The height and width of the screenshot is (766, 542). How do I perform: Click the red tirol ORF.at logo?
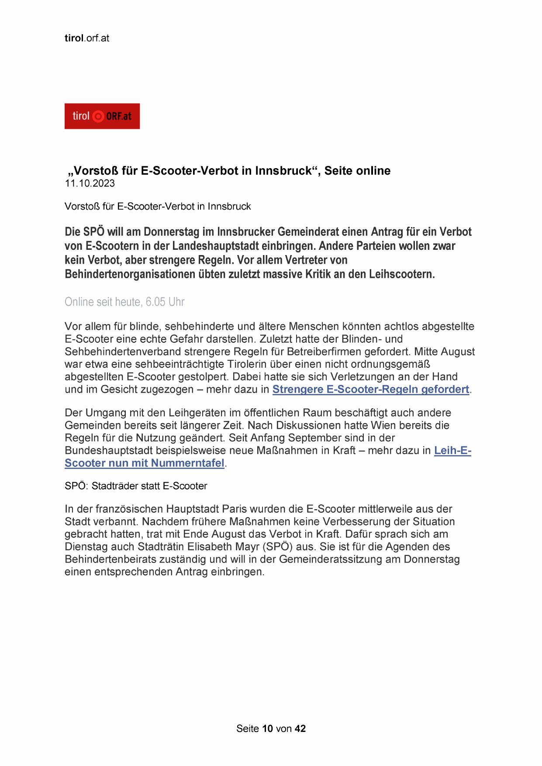(102, 116)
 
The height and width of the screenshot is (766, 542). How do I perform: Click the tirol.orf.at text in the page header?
(86, 38)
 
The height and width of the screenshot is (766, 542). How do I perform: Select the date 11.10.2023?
(90, 183)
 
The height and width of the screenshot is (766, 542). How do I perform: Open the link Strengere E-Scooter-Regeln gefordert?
(370, 389)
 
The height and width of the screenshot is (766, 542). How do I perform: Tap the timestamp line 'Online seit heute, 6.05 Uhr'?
(124, 302)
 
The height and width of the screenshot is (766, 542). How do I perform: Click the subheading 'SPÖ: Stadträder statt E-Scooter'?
(136, 486)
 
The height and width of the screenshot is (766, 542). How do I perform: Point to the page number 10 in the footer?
(268, 728)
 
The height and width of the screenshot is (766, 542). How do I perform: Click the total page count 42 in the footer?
(300, 728)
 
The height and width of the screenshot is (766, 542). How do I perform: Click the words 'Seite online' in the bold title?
(357, 171)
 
